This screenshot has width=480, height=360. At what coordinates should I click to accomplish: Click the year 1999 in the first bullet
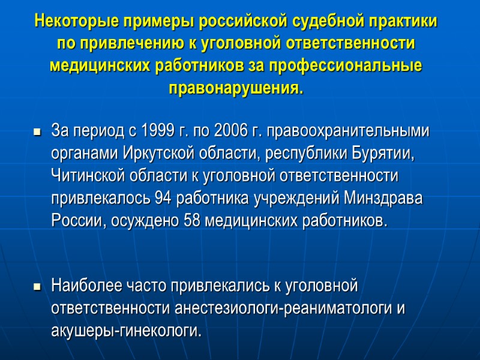(155, 130)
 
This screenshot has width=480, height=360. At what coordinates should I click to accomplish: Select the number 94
(163, 197)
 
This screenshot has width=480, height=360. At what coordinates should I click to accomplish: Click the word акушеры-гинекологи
(127, 331)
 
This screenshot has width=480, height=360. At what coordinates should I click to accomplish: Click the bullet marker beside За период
(37, 131)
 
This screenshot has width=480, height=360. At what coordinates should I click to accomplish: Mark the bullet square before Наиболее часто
(37, 287)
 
